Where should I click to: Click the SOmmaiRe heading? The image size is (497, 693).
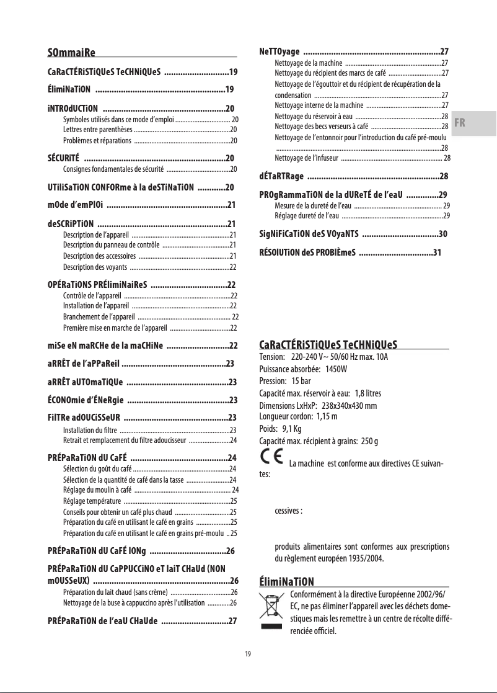click(75, 51)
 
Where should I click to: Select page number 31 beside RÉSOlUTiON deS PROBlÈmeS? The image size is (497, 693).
click(438, 253)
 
